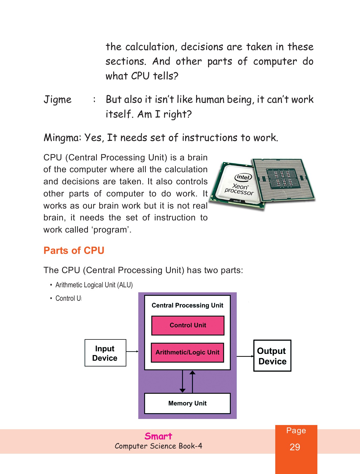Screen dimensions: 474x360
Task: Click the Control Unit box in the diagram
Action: click(188, 325)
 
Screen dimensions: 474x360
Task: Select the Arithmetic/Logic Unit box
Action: click(187, 352)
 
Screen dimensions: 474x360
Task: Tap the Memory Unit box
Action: click(187, 403)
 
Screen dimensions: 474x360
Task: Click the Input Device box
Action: click(105, 353)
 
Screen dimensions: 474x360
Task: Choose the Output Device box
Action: click(272, 356)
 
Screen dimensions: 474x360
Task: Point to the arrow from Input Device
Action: click(132, 351)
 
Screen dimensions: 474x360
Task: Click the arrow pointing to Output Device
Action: click(245, 356)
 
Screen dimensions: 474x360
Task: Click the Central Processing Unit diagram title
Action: click(187, 305)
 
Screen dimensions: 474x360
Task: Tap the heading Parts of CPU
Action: click(74, 250)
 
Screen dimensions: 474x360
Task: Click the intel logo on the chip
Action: click(243, 177)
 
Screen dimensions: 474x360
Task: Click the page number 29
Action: click(295, 447)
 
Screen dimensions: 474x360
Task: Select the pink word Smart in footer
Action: click(158, 436)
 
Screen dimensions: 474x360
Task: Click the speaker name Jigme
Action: click(58, 100)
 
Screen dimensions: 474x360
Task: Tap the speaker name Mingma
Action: click(62, 138)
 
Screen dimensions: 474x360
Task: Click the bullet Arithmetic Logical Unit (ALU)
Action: click(94, 285)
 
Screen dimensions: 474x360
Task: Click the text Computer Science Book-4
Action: click(158, 446)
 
